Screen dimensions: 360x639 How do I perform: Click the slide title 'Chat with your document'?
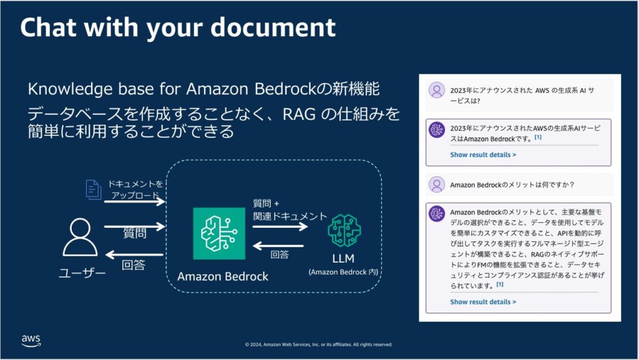(x=178, y=27)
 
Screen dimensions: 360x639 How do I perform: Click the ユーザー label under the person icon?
(x=82, y=273)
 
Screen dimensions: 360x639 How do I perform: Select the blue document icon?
(x=93, y=190)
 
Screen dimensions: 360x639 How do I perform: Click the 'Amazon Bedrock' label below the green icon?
(x=223, y=276)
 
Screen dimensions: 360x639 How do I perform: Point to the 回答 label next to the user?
(x=134, y=265)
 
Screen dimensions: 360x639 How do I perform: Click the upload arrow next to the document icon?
(x=134, y=202)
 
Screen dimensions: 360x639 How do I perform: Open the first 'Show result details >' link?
(x=483, y=154)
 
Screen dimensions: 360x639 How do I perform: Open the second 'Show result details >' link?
(x=483, y=302)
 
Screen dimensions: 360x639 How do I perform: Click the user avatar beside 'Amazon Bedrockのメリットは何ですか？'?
(x=436, y=184)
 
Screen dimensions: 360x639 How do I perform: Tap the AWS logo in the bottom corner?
(x=31, y=340)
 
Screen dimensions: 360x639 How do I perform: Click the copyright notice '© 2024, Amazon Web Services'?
(x=318, y=344)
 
